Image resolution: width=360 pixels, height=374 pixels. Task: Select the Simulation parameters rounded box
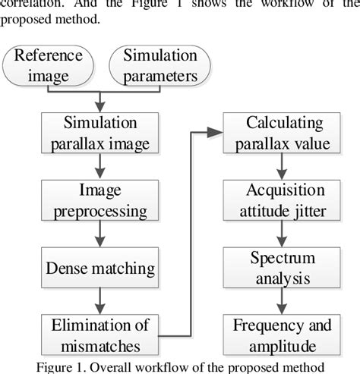(156, 66)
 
